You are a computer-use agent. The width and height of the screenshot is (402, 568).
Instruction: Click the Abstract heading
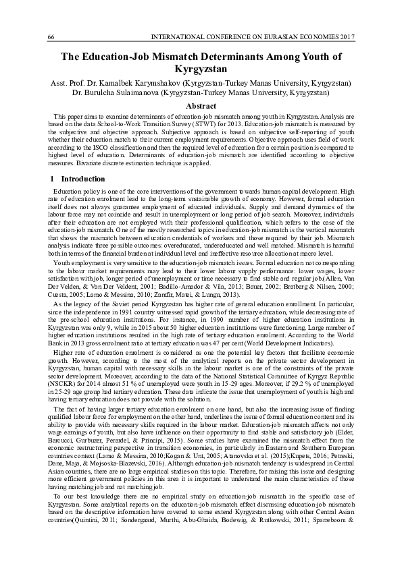201,106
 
